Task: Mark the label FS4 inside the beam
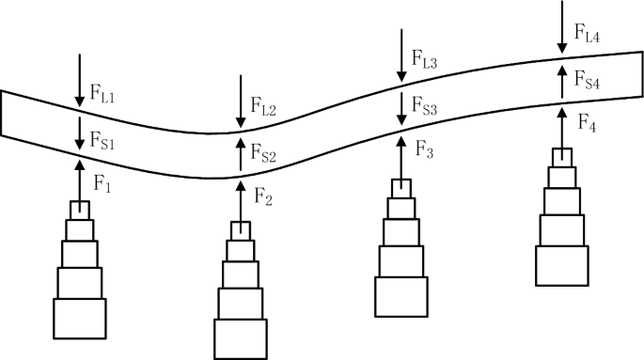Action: point(588,84)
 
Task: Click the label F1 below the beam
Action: point(102,187)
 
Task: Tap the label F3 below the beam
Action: point(424,150)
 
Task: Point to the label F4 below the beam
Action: point(586,122)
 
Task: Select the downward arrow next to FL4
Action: point(562,23)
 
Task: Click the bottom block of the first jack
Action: point(80,319)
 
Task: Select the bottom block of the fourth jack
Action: point(561,264)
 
